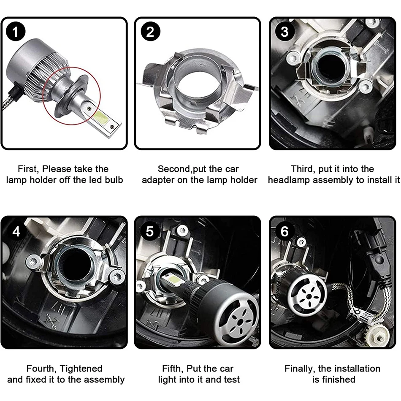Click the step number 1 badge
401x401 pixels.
coord(15,32)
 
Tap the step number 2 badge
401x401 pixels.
coord(150,32)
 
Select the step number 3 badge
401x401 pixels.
coord(284,32)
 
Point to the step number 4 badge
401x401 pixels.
coord(16,231)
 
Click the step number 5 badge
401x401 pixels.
coord(150,231)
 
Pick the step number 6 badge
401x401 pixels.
coord(284,231)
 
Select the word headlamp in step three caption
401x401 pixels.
coord(289,180)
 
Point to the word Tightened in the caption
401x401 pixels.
coord(81,369)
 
